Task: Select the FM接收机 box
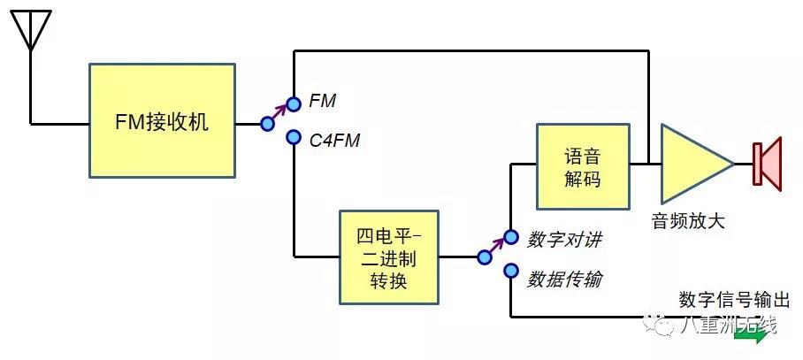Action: pos(162,120)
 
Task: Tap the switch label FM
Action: pos(323,101)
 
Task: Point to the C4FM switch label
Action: pos(334,139)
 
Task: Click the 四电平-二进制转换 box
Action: pos(390,257)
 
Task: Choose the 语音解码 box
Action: pos(583,166)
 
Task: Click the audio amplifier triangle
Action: pos(692,164)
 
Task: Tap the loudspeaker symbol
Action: pos(767,164)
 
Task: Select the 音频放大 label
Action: pos(688,221)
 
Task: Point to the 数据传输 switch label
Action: pos(565,279)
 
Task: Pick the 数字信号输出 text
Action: pos(734,298)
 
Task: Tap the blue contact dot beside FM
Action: pos(294,102)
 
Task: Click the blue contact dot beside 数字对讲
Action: pos(510,236)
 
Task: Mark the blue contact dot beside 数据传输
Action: pos(510,271)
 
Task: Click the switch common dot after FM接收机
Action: pos(267,124)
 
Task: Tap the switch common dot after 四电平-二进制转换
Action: pos(484,257)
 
